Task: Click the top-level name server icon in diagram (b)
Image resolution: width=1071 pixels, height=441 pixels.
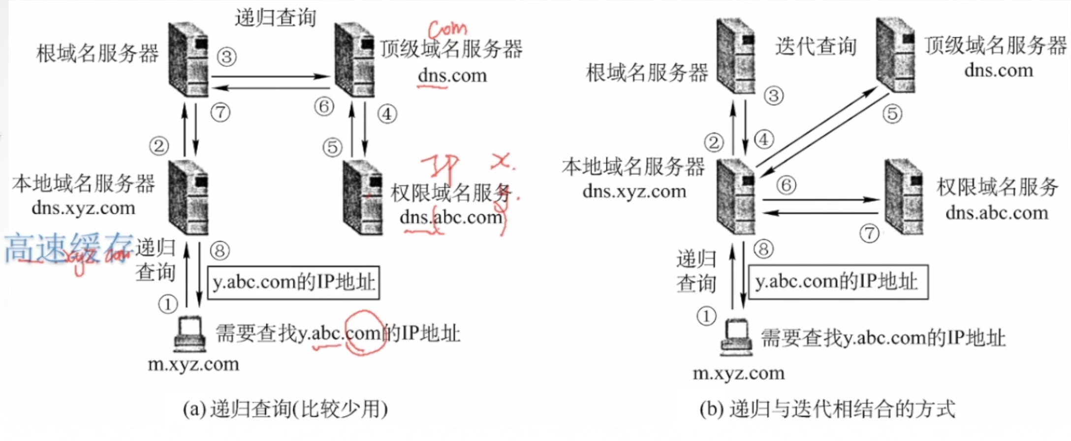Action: coord(896,55)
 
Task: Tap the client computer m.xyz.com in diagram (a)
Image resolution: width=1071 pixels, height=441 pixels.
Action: coord(189,334)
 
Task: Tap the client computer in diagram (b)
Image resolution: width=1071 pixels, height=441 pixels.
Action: coord(736,338)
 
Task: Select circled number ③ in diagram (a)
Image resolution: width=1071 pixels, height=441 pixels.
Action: coord(226,57)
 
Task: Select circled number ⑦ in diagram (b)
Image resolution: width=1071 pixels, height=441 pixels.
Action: coord(869,233)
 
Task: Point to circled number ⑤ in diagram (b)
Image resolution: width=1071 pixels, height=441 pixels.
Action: coord(892,114)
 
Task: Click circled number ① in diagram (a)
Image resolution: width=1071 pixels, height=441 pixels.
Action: coord(168,304)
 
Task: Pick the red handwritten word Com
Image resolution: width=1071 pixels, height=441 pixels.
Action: coord(447,29)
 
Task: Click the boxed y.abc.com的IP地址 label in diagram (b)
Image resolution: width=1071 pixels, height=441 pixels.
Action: coord(838,282)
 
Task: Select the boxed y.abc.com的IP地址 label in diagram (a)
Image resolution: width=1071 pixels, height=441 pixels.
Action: coord(294,283)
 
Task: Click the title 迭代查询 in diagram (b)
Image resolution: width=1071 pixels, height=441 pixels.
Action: coord(816,47)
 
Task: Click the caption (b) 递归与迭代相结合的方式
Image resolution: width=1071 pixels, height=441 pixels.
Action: coord(827,409)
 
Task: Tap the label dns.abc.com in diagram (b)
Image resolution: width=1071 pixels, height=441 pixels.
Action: coord(997,213)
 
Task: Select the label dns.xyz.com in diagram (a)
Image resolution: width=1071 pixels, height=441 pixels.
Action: coord(83,208)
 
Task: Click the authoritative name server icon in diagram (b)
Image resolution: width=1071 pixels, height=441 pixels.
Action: coord(904,197)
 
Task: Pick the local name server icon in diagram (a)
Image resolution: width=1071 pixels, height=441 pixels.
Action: coord(188,198)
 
